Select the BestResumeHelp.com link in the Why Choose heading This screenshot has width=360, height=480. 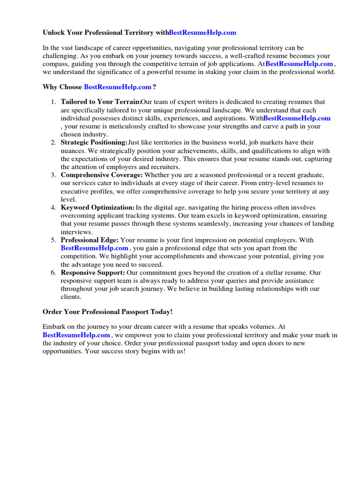click(118, 87)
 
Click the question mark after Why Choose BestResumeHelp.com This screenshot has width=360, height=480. click(154, 87)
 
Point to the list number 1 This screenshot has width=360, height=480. click(53, 102)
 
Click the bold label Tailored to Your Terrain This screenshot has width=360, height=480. click(101, 102)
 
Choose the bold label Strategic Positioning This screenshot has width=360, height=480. click(94, 142)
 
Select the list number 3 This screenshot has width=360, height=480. click(53, 175)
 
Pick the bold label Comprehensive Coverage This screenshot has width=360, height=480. click(102, 175)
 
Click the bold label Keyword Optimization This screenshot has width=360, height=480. click(97, 208)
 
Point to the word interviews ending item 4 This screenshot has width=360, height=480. click(77, 232)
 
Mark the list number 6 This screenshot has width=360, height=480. click(53, 272)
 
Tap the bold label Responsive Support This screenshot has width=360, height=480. click(93, 272)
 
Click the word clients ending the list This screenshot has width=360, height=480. click(71, 297)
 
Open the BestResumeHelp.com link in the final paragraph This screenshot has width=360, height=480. click(76, 335)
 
